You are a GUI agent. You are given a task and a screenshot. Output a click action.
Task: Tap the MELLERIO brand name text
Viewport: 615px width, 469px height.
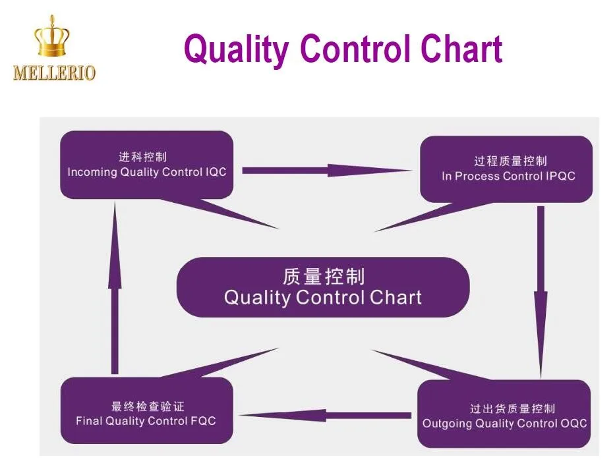coord(54,72)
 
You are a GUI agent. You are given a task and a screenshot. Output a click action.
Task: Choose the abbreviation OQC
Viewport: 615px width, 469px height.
coord(572,423)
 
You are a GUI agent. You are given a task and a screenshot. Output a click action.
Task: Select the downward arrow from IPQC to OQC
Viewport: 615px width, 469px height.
coord(541,290)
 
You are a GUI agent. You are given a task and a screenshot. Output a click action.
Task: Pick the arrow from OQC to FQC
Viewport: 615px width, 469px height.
coord(326,416)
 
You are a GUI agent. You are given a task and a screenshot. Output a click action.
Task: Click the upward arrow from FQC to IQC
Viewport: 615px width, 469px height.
coord(115,290)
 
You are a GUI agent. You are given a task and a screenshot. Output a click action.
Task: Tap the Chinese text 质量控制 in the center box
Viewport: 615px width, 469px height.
coord(323,276)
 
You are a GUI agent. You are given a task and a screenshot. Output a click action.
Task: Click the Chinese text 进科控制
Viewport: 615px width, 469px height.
coord(143,157)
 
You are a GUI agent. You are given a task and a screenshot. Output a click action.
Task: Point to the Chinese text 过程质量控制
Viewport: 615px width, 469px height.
coord(510,161)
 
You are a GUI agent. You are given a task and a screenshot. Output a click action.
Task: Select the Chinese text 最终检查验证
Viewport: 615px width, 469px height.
coord(148,406)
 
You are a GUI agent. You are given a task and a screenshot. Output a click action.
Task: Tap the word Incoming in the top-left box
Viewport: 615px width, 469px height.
coord(92,173)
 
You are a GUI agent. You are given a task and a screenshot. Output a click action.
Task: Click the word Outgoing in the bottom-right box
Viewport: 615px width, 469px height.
coord(447,423)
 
